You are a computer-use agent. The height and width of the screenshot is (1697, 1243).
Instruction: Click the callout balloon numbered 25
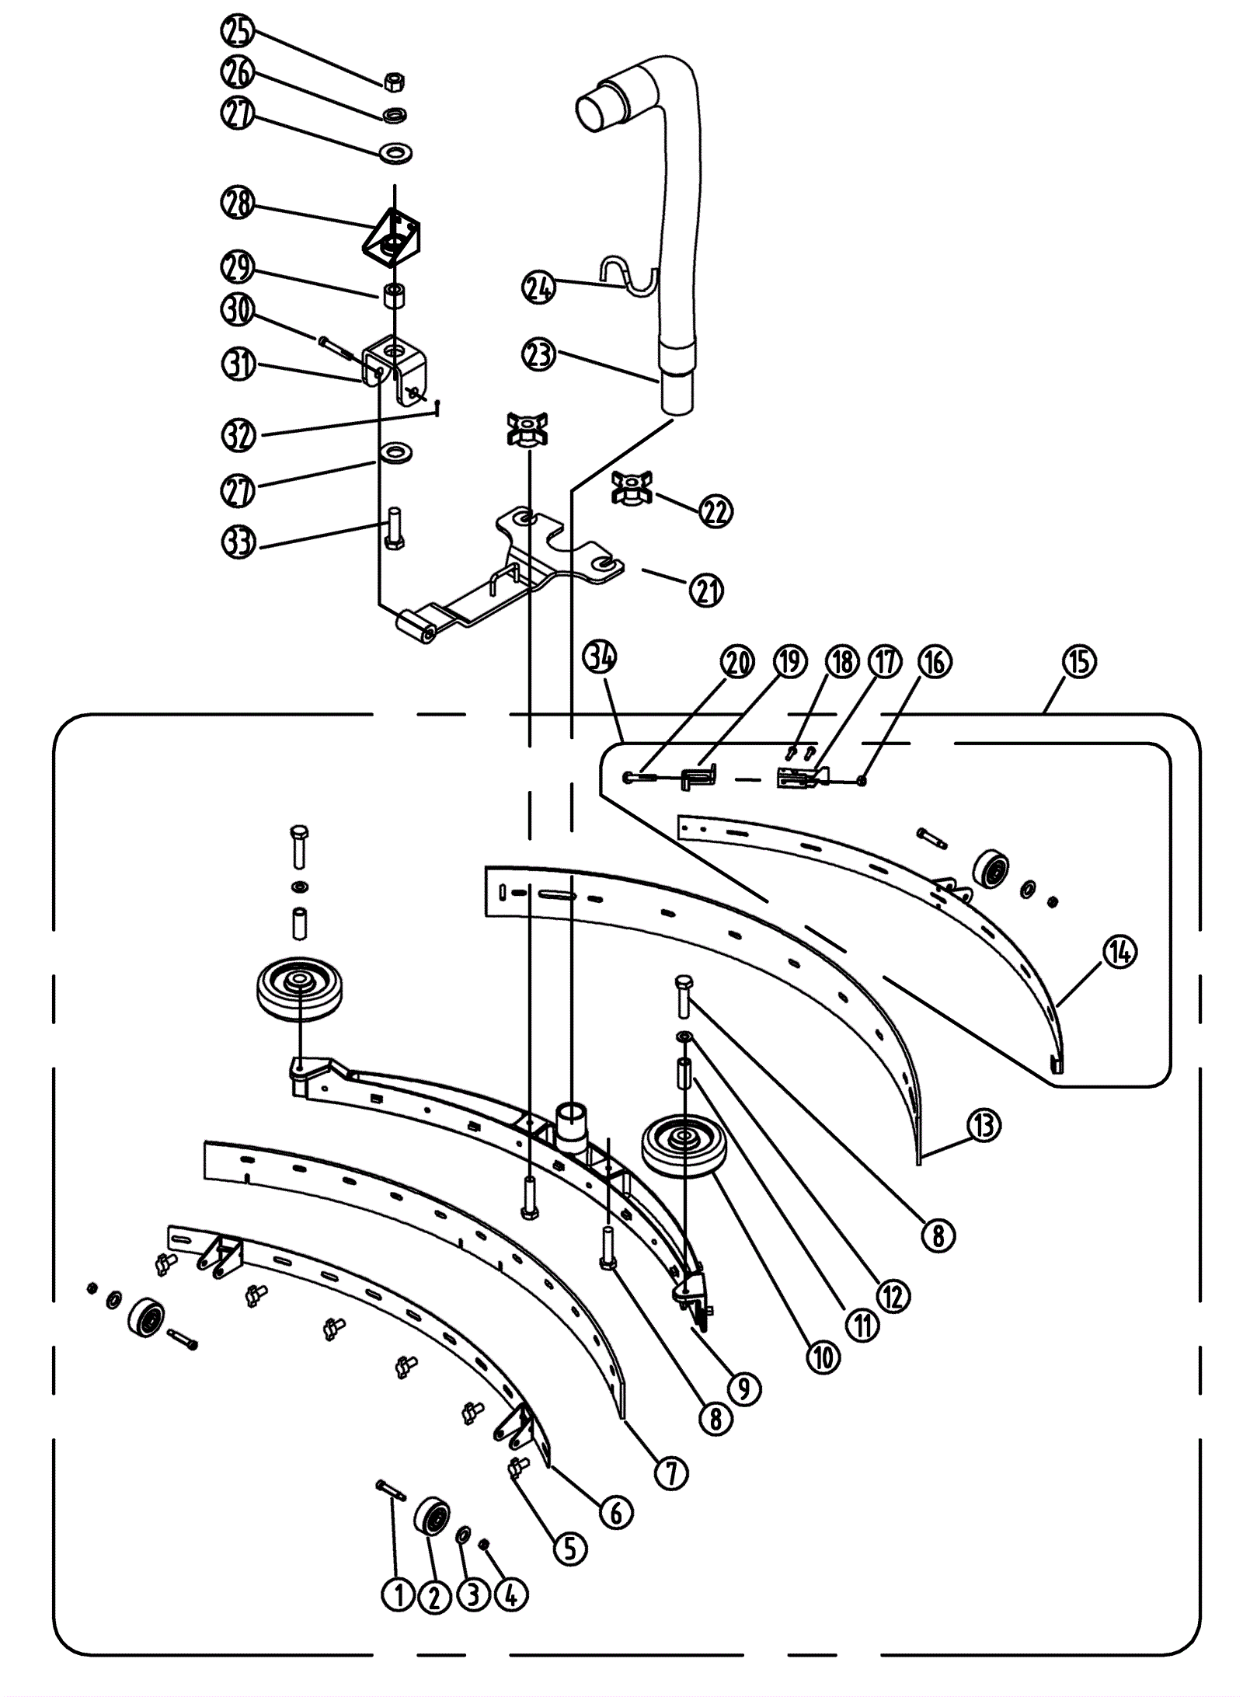click(x=239, y=33)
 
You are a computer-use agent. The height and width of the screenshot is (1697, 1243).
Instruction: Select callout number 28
click(x=239, y=204)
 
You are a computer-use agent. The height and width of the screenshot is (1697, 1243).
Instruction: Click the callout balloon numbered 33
click(x=239, y=542)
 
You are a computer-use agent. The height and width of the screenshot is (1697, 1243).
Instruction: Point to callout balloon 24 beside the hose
click(x=539, y=287)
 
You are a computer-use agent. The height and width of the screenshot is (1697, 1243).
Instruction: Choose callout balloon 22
click(x=716, y=511)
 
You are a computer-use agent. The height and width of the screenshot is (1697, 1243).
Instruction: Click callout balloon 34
click(x=601, y=658)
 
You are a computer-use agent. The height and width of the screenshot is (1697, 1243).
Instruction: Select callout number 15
click(x=1078, y=662)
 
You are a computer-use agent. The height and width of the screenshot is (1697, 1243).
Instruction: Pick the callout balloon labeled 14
click(x=1119, y=951)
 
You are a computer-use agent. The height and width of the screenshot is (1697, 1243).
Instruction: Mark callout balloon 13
click(x=984, y=1124)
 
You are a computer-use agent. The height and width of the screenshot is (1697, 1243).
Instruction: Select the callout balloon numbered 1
click(x=399, y=1595)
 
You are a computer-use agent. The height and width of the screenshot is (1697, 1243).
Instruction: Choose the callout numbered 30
click(x=239, y=309)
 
